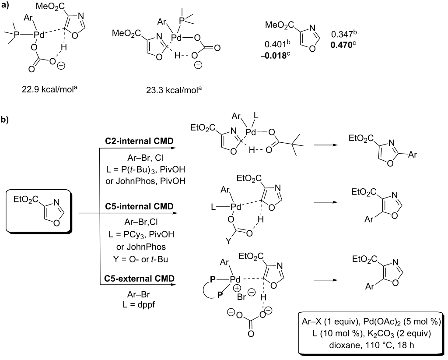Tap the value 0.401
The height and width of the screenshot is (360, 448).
[275, 44]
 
